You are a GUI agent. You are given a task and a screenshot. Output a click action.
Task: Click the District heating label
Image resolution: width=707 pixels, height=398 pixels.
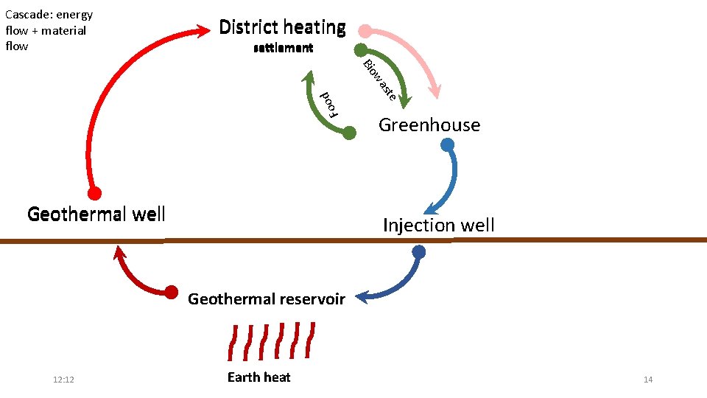click(282, 28)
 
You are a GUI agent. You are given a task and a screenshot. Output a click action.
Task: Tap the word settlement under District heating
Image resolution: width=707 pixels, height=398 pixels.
click(283, 49)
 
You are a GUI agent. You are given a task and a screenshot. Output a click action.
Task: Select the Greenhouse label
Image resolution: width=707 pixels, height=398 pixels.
click(429, 125)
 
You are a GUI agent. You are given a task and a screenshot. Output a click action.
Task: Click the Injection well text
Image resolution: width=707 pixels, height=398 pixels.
click(438, 226)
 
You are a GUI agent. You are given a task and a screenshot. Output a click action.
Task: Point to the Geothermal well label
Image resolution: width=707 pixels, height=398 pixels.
click(96, 214)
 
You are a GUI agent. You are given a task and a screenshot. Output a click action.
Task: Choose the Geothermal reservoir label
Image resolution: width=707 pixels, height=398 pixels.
click(266, 299)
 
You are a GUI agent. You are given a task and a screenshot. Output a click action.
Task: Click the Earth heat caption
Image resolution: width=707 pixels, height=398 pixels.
click(258, 377)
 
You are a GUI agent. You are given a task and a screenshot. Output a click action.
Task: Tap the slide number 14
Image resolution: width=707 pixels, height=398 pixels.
click(648, 380)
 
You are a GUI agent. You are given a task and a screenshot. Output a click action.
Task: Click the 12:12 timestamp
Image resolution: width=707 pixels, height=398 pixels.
click(64, 380)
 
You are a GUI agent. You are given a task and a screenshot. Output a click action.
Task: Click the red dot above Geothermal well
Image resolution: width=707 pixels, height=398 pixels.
click(94, 194)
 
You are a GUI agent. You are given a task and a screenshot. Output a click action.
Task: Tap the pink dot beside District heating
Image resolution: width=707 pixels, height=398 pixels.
click(365, 31)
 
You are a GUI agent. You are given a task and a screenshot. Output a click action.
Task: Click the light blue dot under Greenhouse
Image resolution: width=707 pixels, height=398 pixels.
click(447, 144)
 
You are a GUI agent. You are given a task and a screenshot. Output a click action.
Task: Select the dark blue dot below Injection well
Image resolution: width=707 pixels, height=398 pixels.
click(418, 252)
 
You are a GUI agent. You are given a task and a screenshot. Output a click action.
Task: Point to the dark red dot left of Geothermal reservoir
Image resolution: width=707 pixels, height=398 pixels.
click(171, 292)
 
